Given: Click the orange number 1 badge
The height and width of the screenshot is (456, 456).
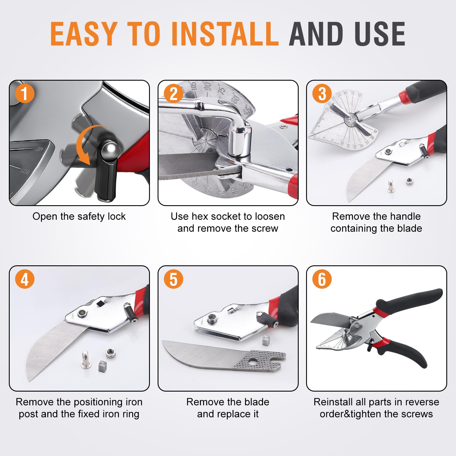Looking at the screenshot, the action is click(25, 93).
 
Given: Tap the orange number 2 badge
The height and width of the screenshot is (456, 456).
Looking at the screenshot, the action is click(174, 93).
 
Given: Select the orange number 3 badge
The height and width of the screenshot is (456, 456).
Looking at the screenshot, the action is click(322, 93).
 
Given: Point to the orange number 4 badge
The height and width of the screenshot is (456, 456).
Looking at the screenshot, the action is click(25, 279).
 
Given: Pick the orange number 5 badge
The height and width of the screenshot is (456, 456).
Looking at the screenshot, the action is click(174, 279).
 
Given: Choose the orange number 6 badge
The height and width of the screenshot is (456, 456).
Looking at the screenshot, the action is click(322, 279).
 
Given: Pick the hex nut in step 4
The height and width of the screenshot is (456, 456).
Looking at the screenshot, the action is click(110, 353).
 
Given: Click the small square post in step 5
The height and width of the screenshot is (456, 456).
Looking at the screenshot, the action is click(266, 340).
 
